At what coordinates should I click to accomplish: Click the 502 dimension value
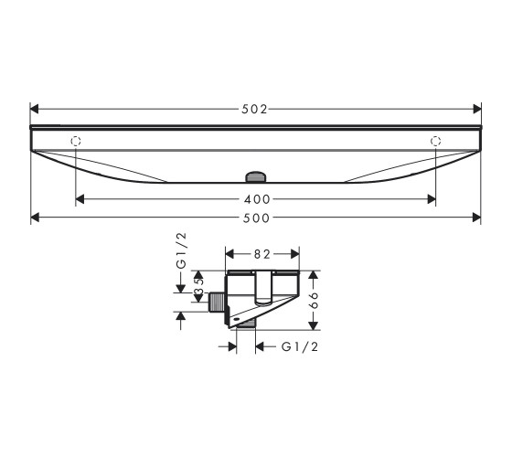tap(254, 109)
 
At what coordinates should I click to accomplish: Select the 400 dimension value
tap(257, 199)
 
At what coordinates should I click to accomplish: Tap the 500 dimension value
tap(257, 218)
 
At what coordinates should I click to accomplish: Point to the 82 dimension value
tap(262, 254)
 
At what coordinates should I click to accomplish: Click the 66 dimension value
tap(314, 301)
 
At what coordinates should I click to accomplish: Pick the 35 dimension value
tap(198, 286)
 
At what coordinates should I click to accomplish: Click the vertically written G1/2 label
tap(181, 250)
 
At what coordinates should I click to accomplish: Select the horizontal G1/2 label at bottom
tap(300, 346)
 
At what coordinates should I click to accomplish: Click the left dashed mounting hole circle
tap(75, 141)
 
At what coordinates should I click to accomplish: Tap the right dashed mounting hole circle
tap(435, 141)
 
